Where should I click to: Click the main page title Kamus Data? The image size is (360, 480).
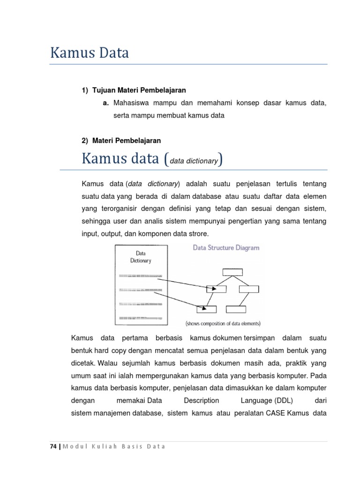pos(90,53)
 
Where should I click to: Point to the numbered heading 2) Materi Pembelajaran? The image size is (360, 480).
pos(121,141)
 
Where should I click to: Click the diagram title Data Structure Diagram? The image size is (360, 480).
pos(226,248)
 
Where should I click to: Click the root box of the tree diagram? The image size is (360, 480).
pos(232,271)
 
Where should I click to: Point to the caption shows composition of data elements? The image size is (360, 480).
pos(223,323)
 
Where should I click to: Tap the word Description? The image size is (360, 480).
pos(201,401)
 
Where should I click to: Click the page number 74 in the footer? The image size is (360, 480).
pos(53,446)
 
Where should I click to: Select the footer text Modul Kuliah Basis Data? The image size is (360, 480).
pos(114,446)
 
